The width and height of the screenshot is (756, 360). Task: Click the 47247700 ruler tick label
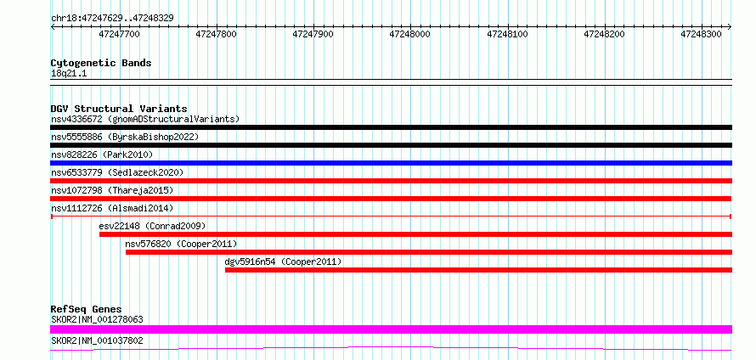(120, 34)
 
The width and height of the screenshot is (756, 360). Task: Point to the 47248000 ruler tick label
(409, 34)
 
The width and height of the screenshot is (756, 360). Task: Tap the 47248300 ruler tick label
(701, 34)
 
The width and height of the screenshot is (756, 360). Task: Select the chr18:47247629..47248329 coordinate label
(112, 19)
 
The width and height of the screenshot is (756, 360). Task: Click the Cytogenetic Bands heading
(101, 63)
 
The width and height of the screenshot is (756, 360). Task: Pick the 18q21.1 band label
(69, 74)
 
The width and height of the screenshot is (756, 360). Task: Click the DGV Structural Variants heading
(119, 109)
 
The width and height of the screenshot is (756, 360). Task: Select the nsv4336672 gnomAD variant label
(145, 119)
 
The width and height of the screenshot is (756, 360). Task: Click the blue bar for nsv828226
(391, 163)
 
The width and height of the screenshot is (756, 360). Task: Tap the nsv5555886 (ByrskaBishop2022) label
(125, 137)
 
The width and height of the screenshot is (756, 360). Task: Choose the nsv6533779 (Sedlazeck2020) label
(117, 172)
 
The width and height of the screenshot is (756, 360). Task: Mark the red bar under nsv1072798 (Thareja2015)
(391, 199)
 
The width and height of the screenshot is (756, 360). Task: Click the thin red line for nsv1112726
(391, 217)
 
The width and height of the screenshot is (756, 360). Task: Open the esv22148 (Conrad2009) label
(152, 226)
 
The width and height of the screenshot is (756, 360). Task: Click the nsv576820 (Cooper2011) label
(181, 244)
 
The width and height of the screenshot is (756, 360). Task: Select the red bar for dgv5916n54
(478, 270)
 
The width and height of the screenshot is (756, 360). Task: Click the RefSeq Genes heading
(87, 309)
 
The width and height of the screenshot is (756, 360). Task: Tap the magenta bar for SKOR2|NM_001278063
(391, 329)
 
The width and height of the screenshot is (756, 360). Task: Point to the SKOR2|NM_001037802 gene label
(97, 341)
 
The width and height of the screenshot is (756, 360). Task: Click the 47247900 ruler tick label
(313, 34)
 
